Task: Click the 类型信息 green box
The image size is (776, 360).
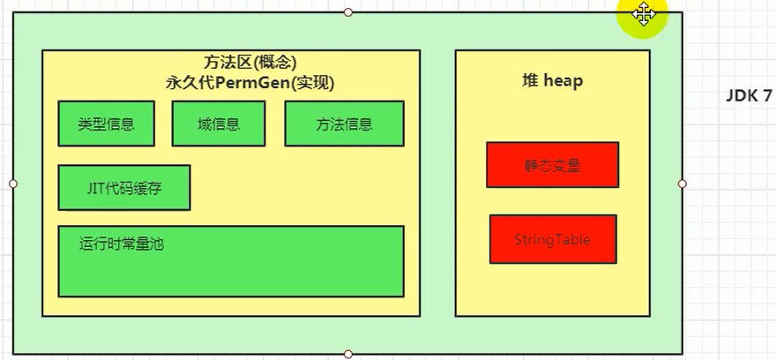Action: (107, 124)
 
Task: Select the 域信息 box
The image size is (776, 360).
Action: (219, 124)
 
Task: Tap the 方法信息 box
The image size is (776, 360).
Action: (345, 124)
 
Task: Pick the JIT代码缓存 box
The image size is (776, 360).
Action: (124, 188)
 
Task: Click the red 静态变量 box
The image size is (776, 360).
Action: (552, 165)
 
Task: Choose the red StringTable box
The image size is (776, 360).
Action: (553, 239)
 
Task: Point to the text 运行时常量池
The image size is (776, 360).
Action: (122, 244)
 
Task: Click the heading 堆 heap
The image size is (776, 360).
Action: (553, 80)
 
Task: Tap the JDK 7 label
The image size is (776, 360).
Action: (749, 96)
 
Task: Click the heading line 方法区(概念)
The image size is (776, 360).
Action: (250, 63)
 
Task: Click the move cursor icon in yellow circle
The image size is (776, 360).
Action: (644, 13)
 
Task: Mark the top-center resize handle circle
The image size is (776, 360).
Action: (348, 11)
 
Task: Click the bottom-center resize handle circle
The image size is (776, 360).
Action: (348, 354)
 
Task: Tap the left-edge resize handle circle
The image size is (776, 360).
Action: (13, 184)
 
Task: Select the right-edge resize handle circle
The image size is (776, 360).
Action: (683, 184)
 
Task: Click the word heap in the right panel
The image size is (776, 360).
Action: (563, 80)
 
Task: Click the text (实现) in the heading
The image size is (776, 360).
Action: (312, 83)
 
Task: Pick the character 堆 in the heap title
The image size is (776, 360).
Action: (530, 80)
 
